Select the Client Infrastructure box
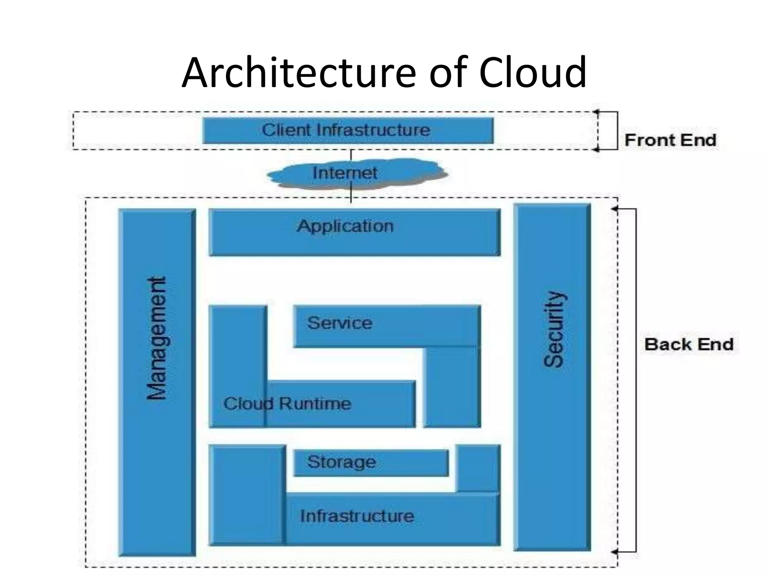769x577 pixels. pos(347,130)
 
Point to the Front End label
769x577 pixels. pos(670,140)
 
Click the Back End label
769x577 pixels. pos(689,344)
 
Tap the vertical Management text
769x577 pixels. pos(157,338)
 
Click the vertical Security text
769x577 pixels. pos(553,329)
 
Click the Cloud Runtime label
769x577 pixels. pos(287,404)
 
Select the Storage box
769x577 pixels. pos(371,462)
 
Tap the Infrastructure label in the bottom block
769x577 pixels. pos(357,516)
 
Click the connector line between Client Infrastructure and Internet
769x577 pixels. pos(351,154)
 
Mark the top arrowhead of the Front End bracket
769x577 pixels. pos(596,112)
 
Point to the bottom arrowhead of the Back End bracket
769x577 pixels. pos(614,552)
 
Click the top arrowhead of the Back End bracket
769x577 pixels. pos(614,208)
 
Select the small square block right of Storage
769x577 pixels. pos(478,468)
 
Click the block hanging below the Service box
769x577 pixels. pos(452,387)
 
